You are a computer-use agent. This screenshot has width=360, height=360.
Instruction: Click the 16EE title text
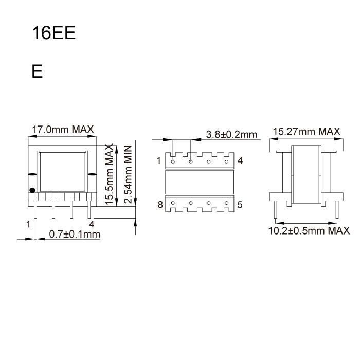[x=53, y=33]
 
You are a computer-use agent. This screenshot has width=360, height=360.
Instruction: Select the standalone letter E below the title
[x=37, y=71]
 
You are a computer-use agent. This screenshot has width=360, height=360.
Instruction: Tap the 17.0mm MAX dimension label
[x=63, y=130]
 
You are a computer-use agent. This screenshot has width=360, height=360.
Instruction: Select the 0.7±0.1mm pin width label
[x=74, y=235]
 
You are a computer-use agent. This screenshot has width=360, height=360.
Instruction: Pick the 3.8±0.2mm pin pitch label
[x=231, y=135]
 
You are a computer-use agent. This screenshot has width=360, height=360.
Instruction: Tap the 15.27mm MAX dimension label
[x=307, y=132]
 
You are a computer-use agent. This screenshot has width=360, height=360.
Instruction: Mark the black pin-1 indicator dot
[x=32, y=190]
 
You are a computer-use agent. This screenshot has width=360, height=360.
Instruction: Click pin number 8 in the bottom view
[x=160, y=205]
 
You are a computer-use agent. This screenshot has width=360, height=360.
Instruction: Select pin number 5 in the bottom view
[x=240, y=205]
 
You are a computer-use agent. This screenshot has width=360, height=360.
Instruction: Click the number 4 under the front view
[x=91, y=224]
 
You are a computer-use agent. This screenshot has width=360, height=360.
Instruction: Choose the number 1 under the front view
[x=28, y=224]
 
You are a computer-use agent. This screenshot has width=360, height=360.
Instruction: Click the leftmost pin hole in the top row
[x=173, y=162]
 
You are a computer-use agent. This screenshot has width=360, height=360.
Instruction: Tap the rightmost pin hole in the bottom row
[x=226, y=204]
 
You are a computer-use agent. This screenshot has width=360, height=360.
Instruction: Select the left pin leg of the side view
[x=277, y=210]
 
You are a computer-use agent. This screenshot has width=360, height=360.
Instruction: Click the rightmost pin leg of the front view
[x=90, y=209]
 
